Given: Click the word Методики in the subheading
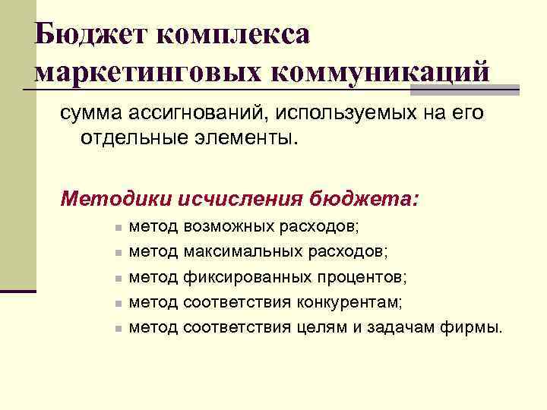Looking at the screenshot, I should click(x=114, y=199).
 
